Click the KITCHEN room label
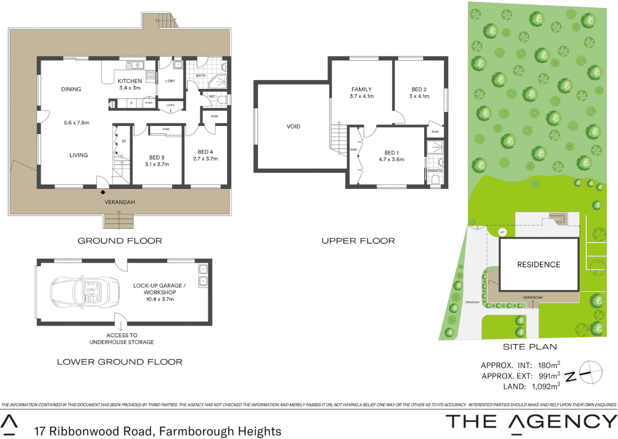click(x=130, y=81)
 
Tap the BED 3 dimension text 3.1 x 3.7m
click(x=157, y=164)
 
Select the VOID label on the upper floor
click(x=293, y=126)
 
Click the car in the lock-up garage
click(x=85, y=292)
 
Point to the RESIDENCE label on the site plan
click(x=538, y=265)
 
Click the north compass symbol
click(x=590, y=372)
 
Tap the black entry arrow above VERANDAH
click(x=103, y=192)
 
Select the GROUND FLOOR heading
click(x=120, y=241)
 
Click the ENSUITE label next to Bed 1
click(x=435, y=170)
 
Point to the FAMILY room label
click(x=361, y=89)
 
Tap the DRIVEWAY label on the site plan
click(x=472, y=302)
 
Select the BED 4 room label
click(x=205, y=152)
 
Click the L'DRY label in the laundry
click(x=170, y=81)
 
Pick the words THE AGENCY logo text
click(x=531, y=422)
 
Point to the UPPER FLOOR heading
click(x=358, y=241)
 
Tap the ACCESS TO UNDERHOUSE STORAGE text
click(x=121, y=339)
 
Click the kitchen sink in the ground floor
click(x=135, y=65)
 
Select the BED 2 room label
click(x=419, y=89)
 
